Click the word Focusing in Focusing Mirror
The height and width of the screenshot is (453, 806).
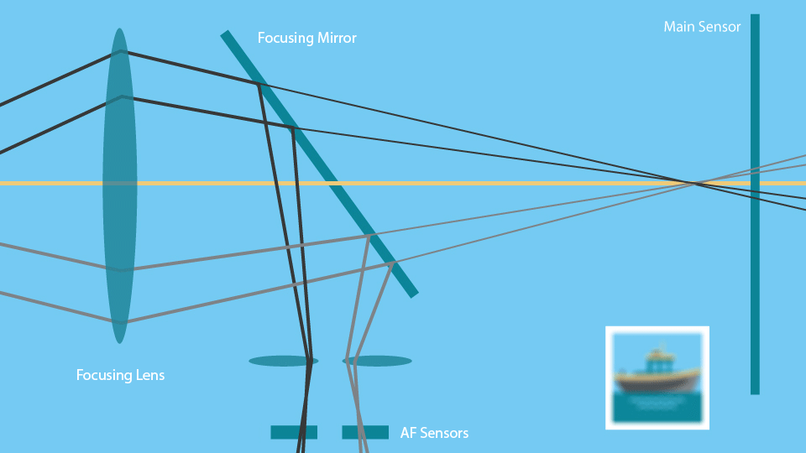coord(284,39)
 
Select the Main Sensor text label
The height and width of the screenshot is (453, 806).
coord(702,27)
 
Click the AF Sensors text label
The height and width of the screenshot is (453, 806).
coord(434,433)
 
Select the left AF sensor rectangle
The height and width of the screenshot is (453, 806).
coord(294,432)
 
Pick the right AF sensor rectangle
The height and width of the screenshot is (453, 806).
coord(365,432)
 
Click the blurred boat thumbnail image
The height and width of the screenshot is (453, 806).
coord(657,377)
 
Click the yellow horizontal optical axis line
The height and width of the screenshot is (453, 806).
coord(504,183)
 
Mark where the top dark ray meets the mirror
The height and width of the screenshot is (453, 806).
coord(259,83)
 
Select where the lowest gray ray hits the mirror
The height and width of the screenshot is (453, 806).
coord(393,263)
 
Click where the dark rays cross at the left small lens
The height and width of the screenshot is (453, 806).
coord(310,362)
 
